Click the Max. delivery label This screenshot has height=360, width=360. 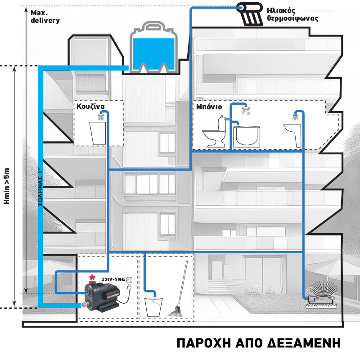pos(45,17)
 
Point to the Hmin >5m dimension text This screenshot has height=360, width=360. pos(6,186)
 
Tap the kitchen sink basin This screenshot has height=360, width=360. pos(98,134)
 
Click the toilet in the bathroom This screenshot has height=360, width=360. pos(215,133)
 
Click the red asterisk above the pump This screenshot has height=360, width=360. pos(93,276)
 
